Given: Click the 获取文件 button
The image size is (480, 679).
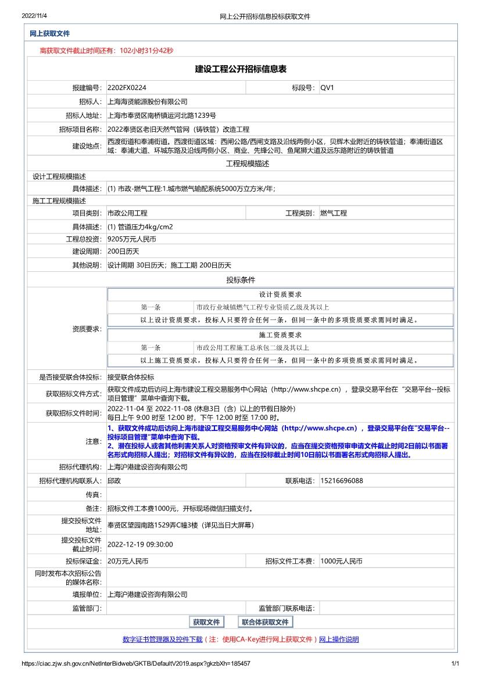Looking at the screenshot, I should [x=206, y=622].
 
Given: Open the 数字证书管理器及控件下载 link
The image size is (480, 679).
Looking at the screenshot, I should [x=163, y=640].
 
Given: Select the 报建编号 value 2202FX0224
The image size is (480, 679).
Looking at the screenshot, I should [x=127, y=88].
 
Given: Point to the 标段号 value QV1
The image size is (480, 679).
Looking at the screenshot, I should [x=327, y=88].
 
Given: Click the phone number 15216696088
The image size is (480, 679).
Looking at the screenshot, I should [x=342, y=481].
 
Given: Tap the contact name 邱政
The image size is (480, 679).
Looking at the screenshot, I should [x=114, y=481].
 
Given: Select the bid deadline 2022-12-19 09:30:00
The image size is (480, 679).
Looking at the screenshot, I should [x=140, y=544].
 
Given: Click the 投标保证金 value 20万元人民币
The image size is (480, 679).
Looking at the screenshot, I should [x=128, y=561].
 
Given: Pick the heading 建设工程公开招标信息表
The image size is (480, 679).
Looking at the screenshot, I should [x=241, y=69].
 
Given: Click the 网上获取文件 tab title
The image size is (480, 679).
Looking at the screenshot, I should [x=49, y=34].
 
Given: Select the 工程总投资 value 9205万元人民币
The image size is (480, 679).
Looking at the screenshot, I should [x=132, y=239].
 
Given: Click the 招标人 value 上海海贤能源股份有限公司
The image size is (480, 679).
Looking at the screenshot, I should [x=148, y=102].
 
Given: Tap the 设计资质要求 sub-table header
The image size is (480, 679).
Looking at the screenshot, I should [x=280, y=294].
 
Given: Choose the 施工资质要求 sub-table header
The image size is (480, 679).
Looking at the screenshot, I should [x=280, y=335].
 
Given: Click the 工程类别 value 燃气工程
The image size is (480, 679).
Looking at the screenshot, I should [x=334, y=213].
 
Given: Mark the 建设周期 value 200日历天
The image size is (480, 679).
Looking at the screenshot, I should [x=123, y=252].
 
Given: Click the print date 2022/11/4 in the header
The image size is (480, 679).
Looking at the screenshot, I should [x=34, y=16].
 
